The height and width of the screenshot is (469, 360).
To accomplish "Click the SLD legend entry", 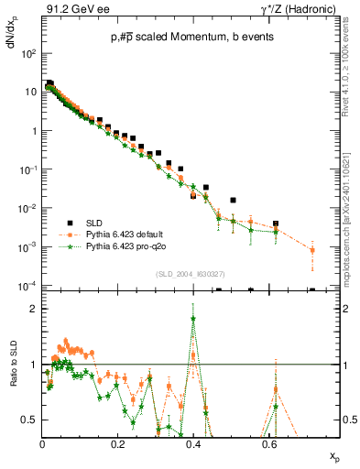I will point(97,223).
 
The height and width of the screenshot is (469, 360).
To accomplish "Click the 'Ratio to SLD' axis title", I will point(13,388).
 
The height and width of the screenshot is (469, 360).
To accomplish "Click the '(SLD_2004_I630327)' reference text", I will point(191,273).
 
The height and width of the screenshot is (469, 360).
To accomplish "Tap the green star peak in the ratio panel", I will point(192,319).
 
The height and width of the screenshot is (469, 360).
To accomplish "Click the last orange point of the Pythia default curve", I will point(312,250).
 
